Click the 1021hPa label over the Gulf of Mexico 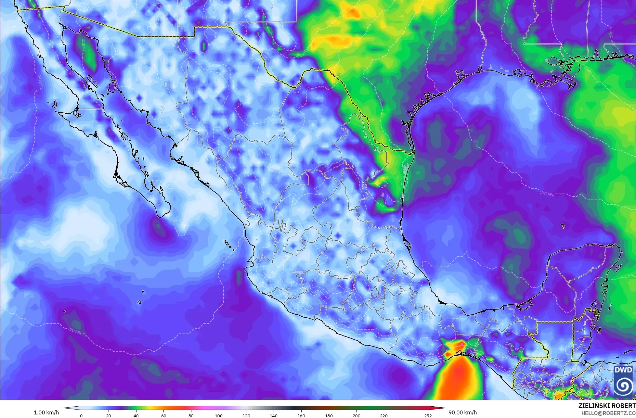tap(547, 194)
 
